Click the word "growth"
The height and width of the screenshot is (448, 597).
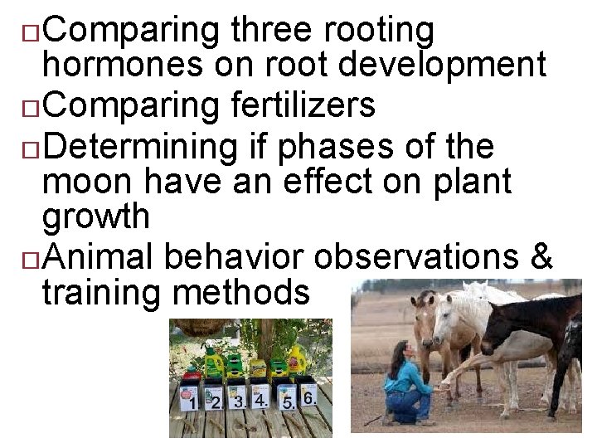click(96, 217)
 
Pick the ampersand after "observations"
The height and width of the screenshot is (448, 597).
click(541, 256)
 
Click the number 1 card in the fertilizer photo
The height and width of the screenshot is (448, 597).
click(192, 402)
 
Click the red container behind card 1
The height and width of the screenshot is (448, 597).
click(192, 378)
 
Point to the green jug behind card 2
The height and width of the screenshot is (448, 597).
click(215, 363)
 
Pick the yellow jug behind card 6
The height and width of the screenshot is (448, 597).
click(296, 363)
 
